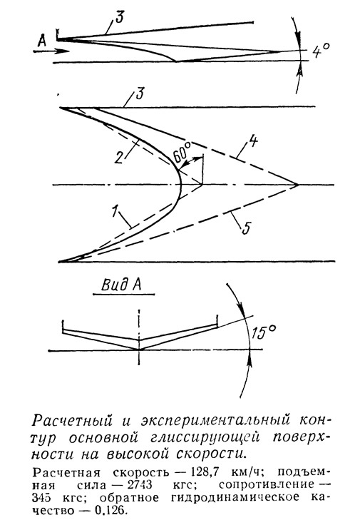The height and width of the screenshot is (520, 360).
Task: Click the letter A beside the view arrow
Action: (42, 41)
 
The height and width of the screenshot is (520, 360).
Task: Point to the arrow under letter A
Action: (51, 51)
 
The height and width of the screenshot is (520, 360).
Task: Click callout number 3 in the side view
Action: (119, 16)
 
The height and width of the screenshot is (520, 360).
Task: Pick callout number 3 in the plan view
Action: (138, 95)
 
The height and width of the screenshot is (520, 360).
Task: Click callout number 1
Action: (114, 211)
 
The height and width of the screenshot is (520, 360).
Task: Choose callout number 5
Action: (245, 228)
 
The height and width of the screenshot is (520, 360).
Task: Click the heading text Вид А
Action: (121, 285)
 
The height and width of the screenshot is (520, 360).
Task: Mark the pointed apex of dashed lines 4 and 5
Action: (298, 184)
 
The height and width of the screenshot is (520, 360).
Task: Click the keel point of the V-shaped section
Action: (139, 350)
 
